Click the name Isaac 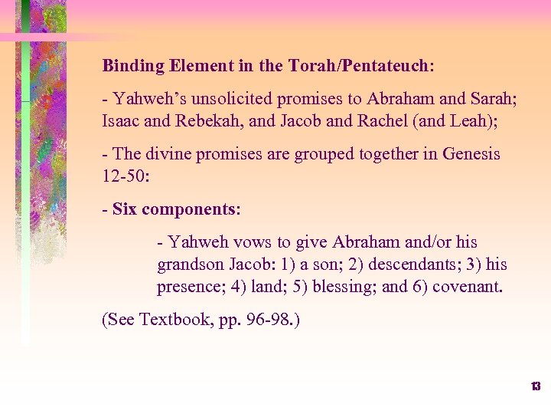tap(122, 121)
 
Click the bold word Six tap(125, 209)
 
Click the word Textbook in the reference tap(170, 320)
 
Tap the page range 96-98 tap(271, 320)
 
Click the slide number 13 tap(536, 386)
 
